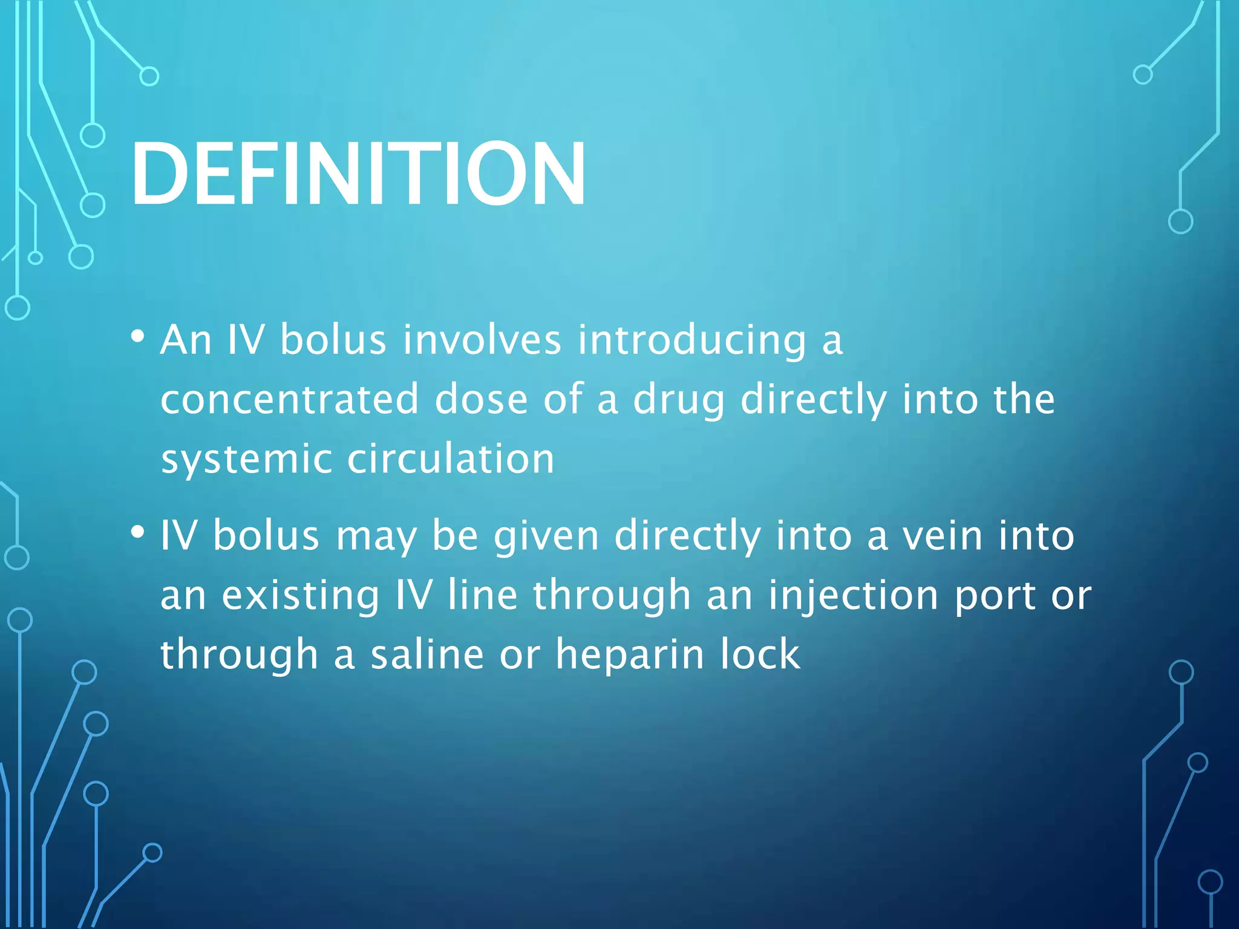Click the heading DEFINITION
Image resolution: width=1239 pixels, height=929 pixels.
point(358,174)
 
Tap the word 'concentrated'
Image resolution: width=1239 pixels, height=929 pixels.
point(290,399)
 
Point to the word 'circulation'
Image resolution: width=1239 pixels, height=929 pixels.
point(451,458)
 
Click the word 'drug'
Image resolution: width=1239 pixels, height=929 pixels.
point(679,400)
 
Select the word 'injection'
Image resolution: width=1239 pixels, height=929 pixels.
point(853,596)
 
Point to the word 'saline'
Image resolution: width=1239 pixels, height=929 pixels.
point(427,655)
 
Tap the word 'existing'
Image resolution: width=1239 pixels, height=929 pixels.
point(300,596)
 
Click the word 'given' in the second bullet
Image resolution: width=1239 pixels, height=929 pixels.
point(546,537)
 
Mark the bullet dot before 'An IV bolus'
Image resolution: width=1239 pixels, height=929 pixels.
point(138,336)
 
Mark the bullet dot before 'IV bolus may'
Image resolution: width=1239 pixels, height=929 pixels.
point(138,533)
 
